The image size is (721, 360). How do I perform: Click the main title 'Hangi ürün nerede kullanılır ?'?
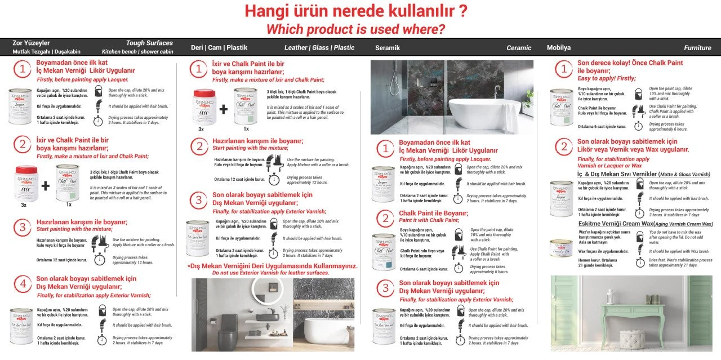tap(355, 11)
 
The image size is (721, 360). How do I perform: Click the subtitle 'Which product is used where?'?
tap(355, 29)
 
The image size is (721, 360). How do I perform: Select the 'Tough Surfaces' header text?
tap(149, 43)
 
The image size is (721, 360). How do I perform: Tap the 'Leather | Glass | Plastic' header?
tap(319, 48)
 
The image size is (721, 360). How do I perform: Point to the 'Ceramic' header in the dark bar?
tap(518, 48)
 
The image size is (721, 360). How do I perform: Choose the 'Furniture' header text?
tap(697, 48)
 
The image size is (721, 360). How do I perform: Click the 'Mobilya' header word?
tap(559, 48)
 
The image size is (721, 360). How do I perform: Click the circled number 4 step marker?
tap(23, 285)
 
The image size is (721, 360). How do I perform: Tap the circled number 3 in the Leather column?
tap(198, 200)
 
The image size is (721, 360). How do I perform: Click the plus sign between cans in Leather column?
tap(223, 109)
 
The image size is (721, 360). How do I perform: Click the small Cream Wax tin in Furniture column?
tap(560, 247)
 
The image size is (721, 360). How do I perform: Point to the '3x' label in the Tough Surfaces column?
tap(24, 205)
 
